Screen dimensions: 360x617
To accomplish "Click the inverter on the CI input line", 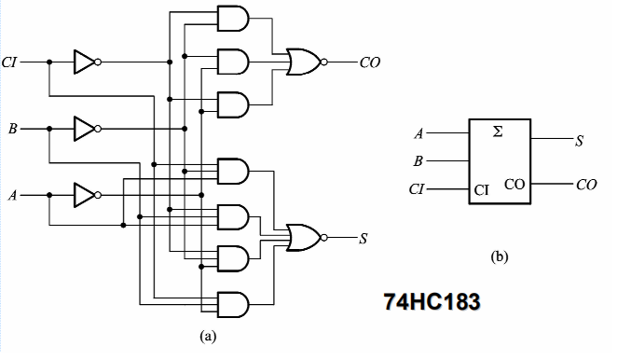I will [85, 62].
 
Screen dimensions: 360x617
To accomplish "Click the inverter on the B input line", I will [85, 126].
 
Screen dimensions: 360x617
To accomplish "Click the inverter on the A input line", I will [85, 196].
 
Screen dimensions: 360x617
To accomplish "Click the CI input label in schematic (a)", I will [10, 62].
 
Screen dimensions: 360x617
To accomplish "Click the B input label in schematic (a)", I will [12, 126].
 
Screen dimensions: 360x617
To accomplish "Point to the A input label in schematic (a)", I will [12, 196].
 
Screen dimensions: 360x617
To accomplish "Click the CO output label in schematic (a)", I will [370, 62].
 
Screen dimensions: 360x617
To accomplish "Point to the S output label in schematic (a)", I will [363, 237].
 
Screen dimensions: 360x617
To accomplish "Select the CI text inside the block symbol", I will [482, 190].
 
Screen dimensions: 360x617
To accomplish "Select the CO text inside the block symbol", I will [514, 184].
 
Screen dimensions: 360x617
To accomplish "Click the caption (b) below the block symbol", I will [499, 254].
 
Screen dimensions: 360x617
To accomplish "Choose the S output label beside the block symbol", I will [580, 141].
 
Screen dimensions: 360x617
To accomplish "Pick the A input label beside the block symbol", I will [418, 134].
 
